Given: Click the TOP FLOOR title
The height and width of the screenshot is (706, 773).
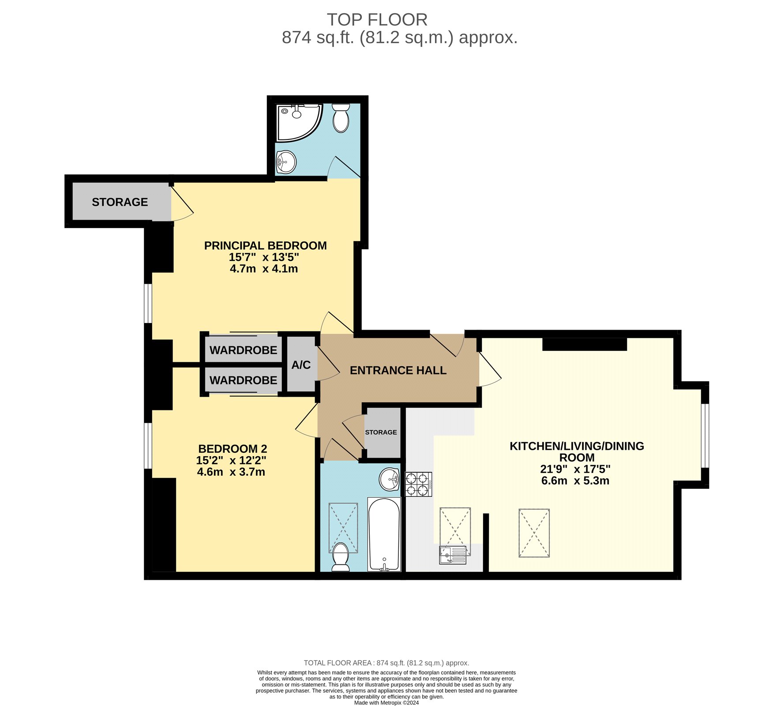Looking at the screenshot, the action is [377, 20].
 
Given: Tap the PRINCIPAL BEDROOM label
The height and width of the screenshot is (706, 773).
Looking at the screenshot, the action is [265, 246].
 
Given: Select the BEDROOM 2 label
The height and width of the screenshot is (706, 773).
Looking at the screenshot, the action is [233, 449].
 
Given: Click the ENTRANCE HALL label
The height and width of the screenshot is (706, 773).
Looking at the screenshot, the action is [398, 371].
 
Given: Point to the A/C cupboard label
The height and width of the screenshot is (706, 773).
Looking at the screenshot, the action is [301, 365].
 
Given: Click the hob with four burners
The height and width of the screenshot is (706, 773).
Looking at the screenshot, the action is [418, 484].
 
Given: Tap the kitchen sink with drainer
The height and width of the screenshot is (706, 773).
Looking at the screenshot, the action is [453, 555].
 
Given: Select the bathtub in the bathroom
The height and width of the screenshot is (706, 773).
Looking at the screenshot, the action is [384, 534].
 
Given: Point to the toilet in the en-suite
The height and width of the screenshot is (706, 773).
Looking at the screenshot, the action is [341, 118].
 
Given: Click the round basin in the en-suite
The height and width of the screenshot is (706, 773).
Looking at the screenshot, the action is [286, 162].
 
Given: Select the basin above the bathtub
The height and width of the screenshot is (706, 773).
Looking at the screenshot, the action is [390, 479].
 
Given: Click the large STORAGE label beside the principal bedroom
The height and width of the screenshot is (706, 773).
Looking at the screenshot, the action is [120, 202].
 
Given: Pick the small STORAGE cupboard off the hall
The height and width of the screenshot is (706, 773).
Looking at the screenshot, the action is [381, 432].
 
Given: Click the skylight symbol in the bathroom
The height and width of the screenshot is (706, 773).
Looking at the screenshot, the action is [343, 528].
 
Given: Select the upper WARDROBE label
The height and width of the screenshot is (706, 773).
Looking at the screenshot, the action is [243, 350].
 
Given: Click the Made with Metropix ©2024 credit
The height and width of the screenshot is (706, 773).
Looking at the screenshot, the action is [386, 703].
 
